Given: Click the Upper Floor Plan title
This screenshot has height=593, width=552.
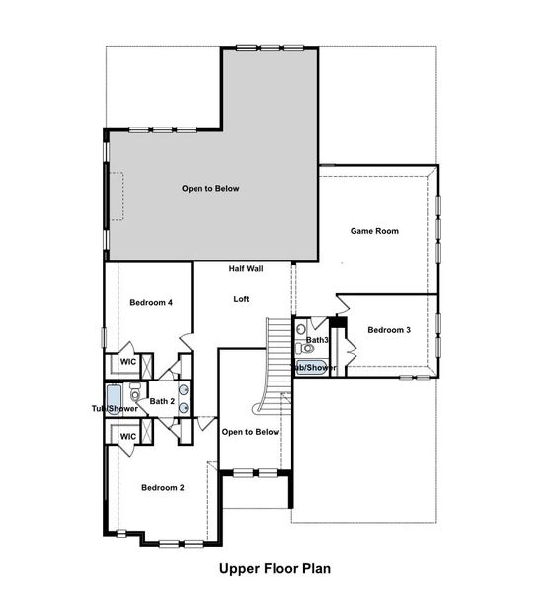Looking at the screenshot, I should (275, 568).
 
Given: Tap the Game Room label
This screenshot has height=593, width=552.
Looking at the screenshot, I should (374, 231).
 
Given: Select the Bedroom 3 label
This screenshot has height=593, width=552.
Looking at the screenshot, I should (388, 329).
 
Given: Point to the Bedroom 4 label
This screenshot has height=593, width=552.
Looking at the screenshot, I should (152, 302).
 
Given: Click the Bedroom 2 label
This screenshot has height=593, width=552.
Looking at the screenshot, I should (162, 487).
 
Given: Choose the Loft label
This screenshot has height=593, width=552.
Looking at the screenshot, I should (241, 299).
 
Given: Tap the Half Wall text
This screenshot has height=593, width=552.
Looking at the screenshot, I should (245, 269).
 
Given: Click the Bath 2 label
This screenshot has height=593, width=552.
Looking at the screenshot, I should (162, 401).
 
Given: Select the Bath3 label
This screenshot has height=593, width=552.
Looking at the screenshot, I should (317, 340).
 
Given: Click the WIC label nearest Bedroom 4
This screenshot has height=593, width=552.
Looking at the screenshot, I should (127, 362).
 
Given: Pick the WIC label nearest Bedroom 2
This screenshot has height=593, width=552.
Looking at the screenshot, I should (127, 436).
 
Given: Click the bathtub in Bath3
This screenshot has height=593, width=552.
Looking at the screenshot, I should (313, 368).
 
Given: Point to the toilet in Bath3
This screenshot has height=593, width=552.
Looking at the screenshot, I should (301, 329).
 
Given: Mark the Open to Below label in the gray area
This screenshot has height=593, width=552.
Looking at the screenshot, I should (209, 188).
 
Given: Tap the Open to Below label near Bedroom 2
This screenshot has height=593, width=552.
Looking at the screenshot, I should (251, 432).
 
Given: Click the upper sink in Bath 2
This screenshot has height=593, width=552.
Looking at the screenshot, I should (184, 390).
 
